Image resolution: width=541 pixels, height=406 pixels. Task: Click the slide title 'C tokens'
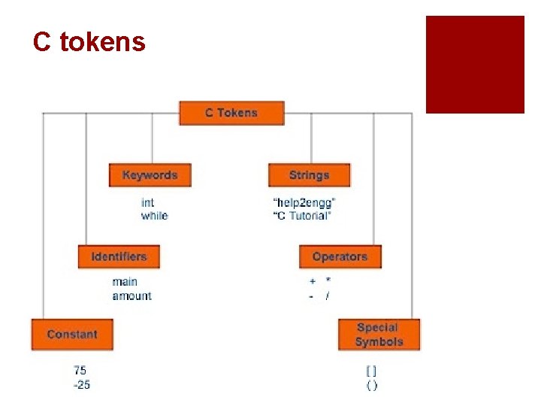pos(89,42)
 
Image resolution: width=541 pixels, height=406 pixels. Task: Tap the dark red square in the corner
pos(475,65)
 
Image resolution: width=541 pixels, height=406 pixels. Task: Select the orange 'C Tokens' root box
pos(231,113)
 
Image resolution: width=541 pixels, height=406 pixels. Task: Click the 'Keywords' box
pos(150,175)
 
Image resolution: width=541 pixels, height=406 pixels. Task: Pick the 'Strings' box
pos(309,175)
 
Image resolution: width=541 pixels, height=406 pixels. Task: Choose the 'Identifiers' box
pos(119,256)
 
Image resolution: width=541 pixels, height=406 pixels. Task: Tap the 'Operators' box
pos(340,256)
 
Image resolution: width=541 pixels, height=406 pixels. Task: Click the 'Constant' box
pos(72,335)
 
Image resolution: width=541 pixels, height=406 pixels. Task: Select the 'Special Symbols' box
pos(379,335)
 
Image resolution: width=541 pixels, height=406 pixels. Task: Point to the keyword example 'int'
pos(148,202)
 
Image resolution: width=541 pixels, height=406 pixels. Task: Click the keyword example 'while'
pos(155,216)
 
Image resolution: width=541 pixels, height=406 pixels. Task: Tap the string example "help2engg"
pos(304,202)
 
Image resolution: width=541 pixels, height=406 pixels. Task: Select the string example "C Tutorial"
pos(301,216)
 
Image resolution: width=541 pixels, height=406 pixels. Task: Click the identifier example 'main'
pos(125,282)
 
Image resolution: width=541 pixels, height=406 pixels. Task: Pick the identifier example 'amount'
pos(131,295)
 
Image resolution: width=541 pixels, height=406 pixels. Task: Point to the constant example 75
pos(80,370)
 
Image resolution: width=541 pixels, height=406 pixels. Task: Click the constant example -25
pos(81,385)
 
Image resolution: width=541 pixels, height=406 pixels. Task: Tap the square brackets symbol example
pos(371,371)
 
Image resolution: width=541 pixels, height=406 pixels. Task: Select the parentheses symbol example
pos(371,385)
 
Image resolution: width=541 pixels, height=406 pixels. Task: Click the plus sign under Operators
pos(312,282)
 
